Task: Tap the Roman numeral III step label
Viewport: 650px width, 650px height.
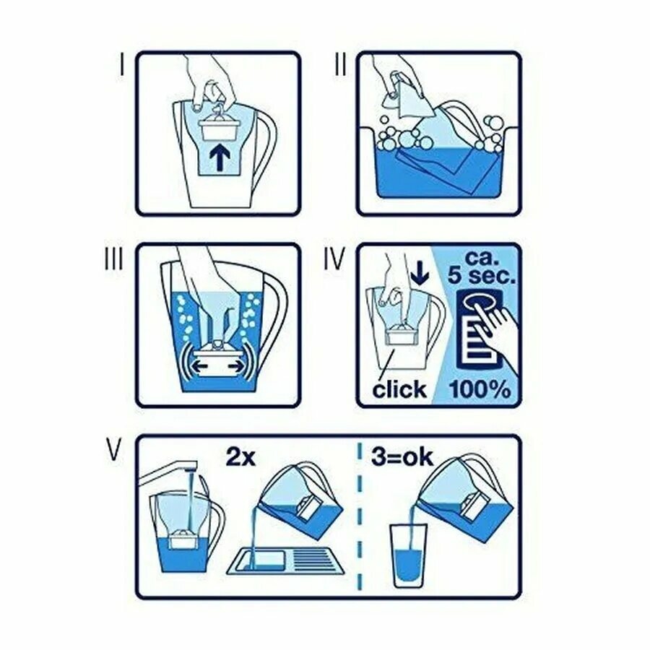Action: click(113, 259)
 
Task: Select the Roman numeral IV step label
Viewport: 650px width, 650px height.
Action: click(334, 259)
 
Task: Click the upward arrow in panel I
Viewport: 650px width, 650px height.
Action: click(220, 159)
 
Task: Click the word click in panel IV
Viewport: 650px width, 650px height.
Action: click(399, 389)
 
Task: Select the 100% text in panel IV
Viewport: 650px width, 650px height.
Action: click(480, 389)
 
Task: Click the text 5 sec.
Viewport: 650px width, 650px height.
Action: click(482, 275)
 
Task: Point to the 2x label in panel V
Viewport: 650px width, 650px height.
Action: click(240, 458)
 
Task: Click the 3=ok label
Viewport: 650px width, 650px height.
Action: click(402, 458)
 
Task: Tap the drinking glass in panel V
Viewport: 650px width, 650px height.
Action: click(408, 556)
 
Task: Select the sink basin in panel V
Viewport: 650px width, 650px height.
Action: click(286, 561)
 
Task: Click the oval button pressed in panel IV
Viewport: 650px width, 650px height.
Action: click(481, 302)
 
